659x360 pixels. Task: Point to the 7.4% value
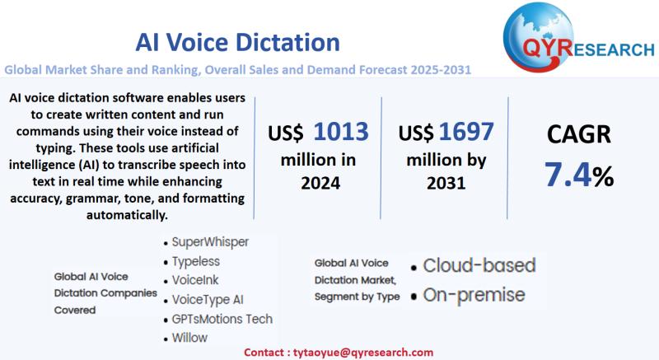[x=579, y=175]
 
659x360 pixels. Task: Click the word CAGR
[x=579, y=134]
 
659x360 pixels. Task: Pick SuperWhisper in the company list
[x=211, y=243]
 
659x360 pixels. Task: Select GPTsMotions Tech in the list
[x=222, y=319]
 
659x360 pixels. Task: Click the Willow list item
[x=192, y=338]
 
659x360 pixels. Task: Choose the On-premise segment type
[x=473, y=294]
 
